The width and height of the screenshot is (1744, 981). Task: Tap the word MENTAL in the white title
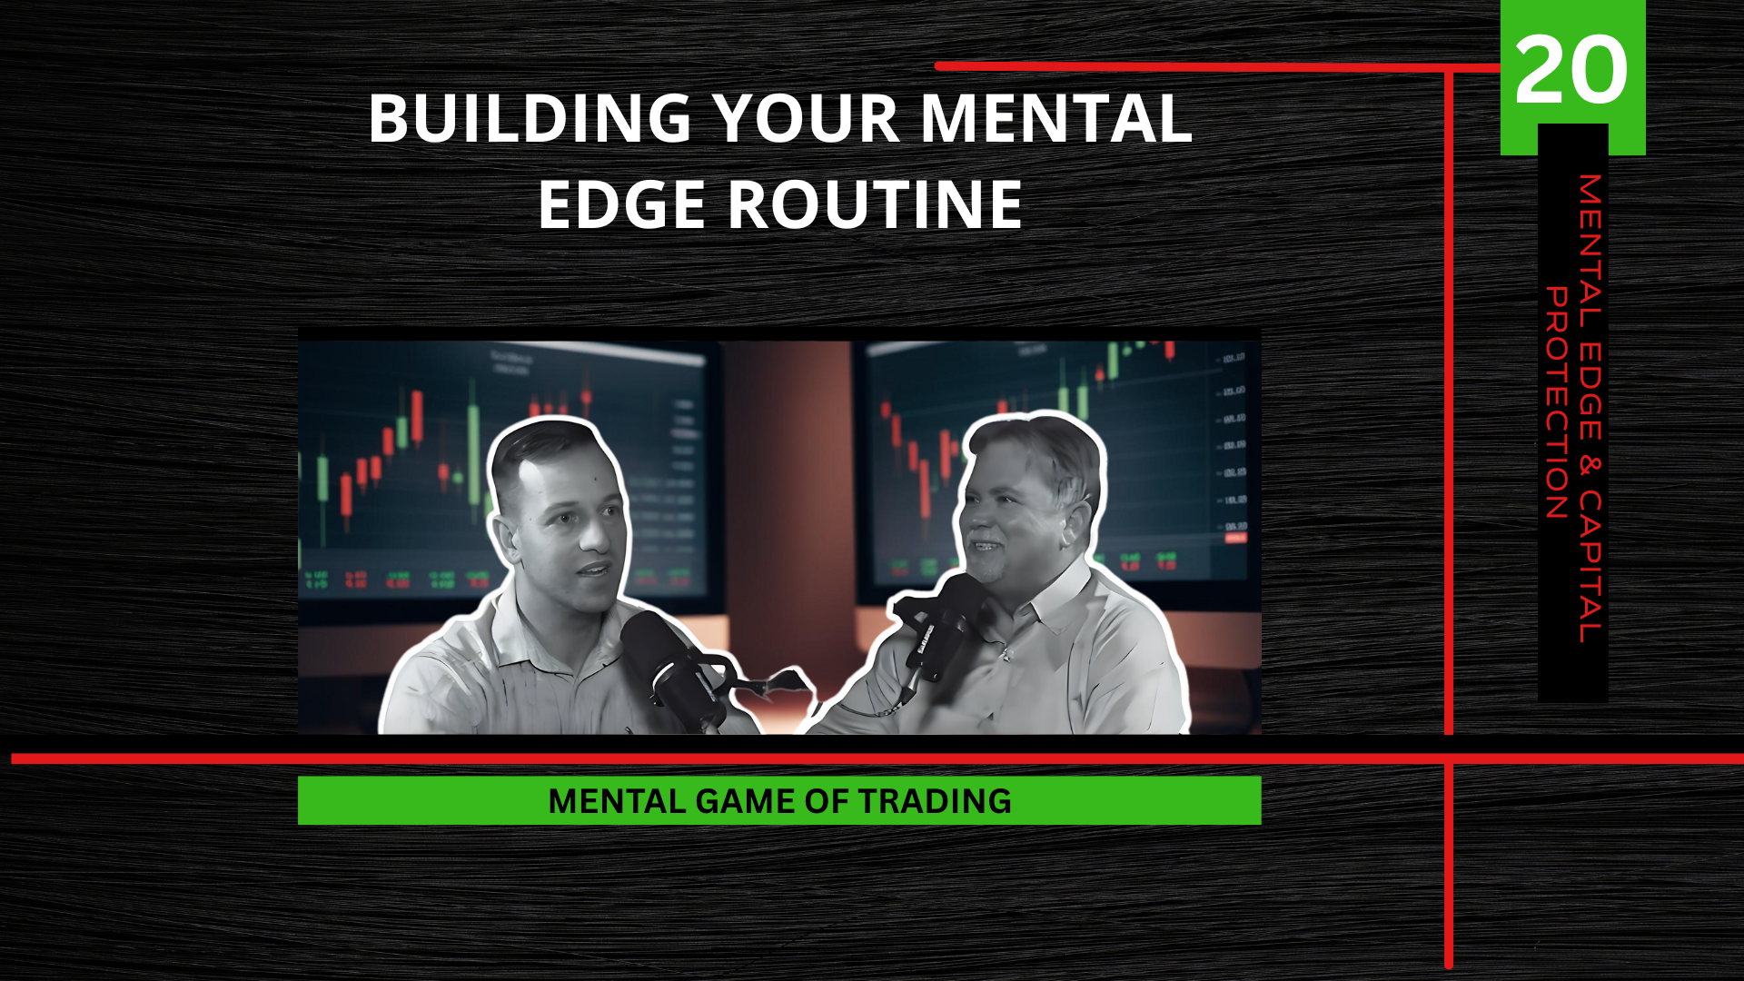1055,119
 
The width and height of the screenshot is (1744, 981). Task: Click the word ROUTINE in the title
875,204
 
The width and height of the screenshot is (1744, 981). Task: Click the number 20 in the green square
1571,70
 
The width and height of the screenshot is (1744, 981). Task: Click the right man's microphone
945,627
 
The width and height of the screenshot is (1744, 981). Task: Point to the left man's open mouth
595,570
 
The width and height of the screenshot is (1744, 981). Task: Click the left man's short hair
545,450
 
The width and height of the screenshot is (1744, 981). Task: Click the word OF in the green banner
827,801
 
